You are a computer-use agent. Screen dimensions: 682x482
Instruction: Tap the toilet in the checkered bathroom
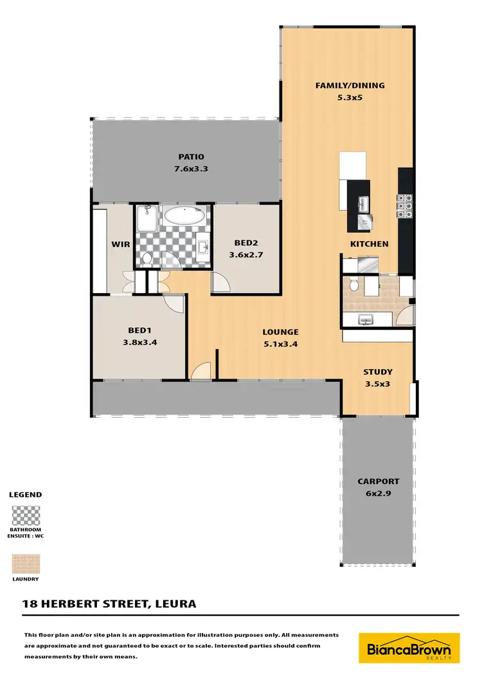point(147,258)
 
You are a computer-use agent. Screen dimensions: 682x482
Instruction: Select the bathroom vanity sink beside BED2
point(204,247)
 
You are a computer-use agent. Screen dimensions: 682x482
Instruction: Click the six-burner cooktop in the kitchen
point(405,206)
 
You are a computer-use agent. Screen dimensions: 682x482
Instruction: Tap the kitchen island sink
point(362,204)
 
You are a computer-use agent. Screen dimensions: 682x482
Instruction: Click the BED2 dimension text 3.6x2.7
point(246,255)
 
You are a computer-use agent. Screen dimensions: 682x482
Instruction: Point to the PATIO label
point(191,157)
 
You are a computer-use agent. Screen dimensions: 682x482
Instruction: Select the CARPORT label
point(379,481)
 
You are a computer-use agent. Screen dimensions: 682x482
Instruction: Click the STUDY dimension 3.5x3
point(377,384)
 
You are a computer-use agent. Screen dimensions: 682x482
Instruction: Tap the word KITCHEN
point(369,244)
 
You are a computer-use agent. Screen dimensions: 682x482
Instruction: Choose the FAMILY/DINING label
point(344,85)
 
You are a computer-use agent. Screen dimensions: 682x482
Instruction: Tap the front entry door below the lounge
point(201,371)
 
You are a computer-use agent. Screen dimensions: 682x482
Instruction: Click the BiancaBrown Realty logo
point(409,648)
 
